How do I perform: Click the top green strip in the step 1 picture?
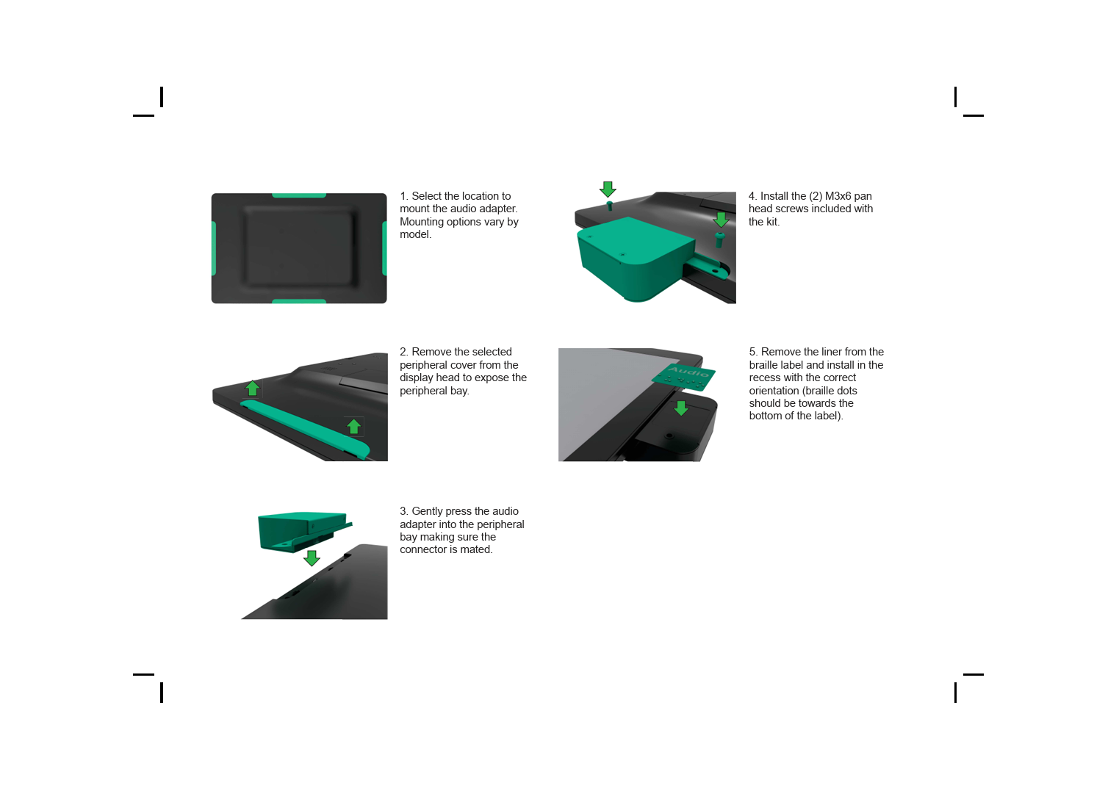pyautogui.click(x=299, y=195)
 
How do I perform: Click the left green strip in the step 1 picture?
pyautogui.click(x=214, y=248)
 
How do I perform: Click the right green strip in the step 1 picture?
pyautogui.click(x=384, y=248)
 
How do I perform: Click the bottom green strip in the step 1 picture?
pyautogui.click(x=299, y=301)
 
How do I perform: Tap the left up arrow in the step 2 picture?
pyautogui.click(x=253, y=388)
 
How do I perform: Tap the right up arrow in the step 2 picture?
pyautogui.click(x=353, y=426)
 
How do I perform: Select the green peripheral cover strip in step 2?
pyautogui.click(x=305, y=427)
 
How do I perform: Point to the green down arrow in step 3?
pyautogui.click(x=312, y=557)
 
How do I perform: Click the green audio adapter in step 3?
pyautogui.click(x=302, y=531)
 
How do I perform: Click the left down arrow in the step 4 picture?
pyautogui.click(x=608, y=189)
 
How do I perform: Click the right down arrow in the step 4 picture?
pyautogui.click(x=721, y=219)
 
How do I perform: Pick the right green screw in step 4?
pyautogui.click(x=719, y=239)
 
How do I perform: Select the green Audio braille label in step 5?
pyautogui.click(x=684, y=377)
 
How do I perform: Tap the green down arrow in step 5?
pyautogui.click(x=681, y=408)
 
